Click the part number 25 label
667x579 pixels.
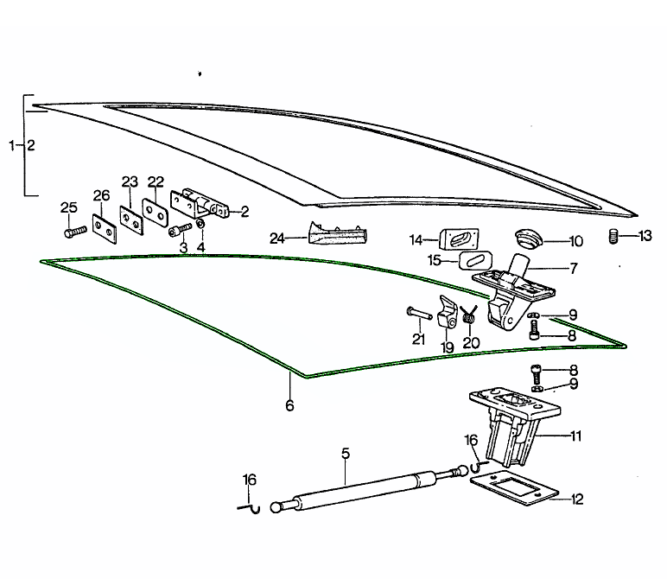coord(69,207)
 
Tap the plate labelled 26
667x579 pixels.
coord(104,226)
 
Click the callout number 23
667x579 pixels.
coord(130,182)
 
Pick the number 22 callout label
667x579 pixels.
coord(156,181)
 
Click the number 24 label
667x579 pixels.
coord(276,239)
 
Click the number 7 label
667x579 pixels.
coord(573,268)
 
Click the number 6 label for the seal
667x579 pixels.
coord(289,405)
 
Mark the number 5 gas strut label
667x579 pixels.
coord(345,453)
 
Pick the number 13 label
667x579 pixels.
coord(645,236)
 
